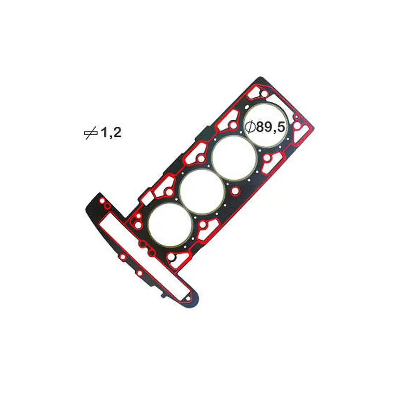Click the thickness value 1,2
[x=111, y=132]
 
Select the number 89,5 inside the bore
[x=271, y=127]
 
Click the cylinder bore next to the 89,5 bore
[x=234, y=158]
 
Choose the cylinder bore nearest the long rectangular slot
[x=170, y=225]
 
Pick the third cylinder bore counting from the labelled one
[x=170, y=225]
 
